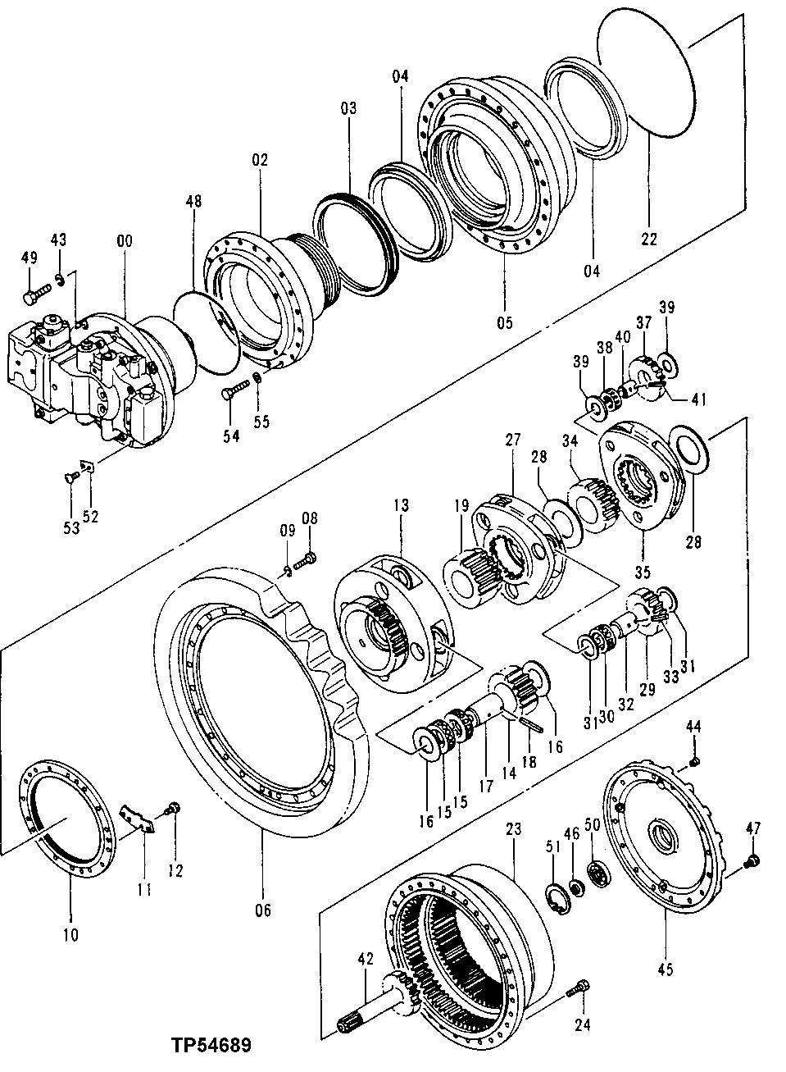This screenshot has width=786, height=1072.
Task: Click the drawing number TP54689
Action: pyautogui.click(x=211, y=1046)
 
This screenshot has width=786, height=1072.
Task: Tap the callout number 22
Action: pyautogui.click(x=649, y=239)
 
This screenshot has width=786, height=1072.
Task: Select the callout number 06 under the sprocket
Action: pyautogui.click(x=263, y=909)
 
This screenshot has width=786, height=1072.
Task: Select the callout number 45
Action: pyautogui.click(x=665, y=969)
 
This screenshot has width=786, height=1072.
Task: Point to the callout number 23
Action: pyautogui.click(x=514, y=829)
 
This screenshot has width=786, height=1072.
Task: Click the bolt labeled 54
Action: pyautogui.click(x=232, y=394)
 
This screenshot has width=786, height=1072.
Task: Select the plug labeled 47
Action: pyautogui.click(x=752, y=860)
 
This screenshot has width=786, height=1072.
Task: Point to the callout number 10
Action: pyautogui.click(x=70, y=934)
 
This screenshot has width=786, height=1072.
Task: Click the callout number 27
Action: pyautogui.click(x=513, y=440)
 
